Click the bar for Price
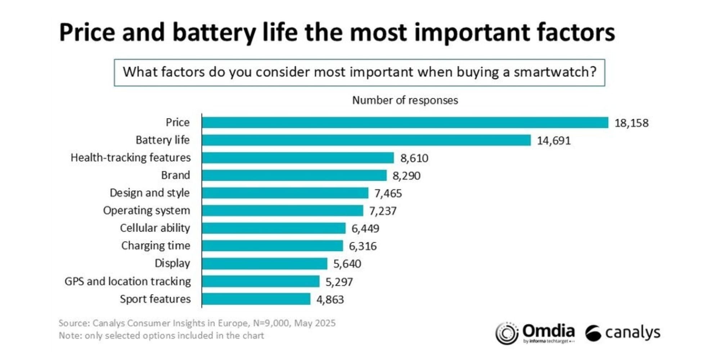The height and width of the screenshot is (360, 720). coord(405,122)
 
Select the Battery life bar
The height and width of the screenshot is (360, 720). coord(366,140)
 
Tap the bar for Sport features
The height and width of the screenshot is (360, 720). coord(256,299)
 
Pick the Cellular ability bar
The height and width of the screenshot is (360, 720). coord(274,228)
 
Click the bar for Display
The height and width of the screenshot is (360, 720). coord(265,264)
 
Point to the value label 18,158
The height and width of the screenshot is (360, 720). coord(631,123)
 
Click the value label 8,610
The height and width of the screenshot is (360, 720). coord(414,158)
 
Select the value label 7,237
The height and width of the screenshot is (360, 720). coord(383,211)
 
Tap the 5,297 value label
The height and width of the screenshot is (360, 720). coord(339,282)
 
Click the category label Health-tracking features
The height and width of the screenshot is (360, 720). coord(131,158)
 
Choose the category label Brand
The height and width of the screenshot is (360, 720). coord(175,175)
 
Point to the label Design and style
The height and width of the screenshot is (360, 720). coord(149,193)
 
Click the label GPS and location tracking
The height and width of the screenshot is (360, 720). coord(127,282)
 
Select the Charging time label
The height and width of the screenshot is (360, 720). coord(156,246)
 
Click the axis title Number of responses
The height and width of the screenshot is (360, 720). coord(405,100)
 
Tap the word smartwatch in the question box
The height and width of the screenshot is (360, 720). coord(555,72)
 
